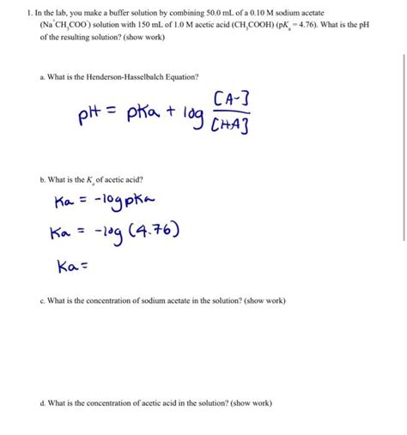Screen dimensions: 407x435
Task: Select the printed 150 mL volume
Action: pos(143,25)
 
